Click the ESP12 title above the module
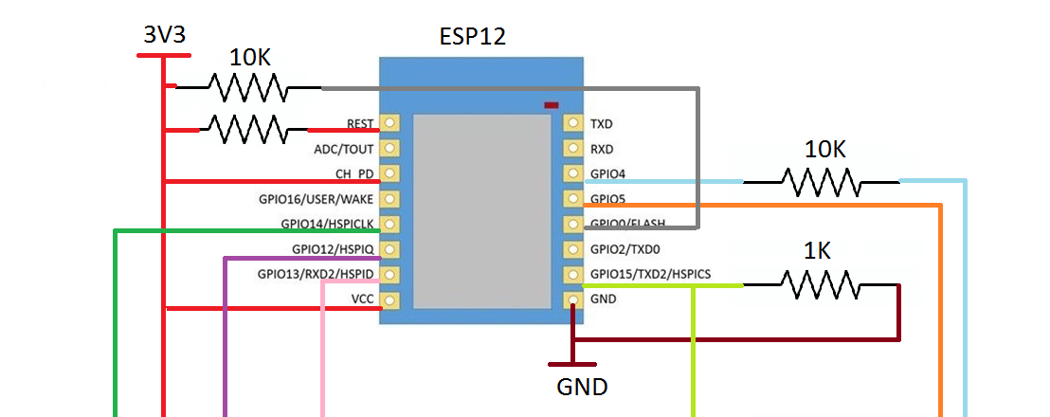click(x=472, y=37)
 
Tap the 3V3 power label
click(x=163, y=35)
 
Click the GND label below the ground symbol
click(x=581, y=387)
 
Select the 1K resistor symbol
click(x=821, y=284)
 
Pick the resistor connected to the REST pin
click(x=247, y=129)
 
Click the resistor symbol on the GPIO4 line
click(x=822, y=181)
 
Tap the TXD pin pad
click(x=573, y=123)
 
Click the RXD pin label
click(x=602, y=149)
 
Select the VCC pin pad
click(x=389, y=300)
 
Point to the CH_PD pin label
click(x=353, y=174)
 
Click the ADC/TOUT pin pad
click(x=389, y=149)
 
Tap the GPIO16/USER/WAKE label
click(x=317, y=200)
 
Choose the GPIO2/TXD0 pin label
click(x=625, y=250)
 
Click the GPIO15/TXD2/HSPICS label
click(x=650, y=275)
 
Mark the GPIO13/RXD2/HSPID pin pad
click(x=389, y=275)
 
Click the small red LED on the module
click(x=551, y=105)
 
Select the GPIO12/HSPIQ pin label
click(x=333, y=250)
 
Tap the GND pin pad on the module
click(x=573, y=300)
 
